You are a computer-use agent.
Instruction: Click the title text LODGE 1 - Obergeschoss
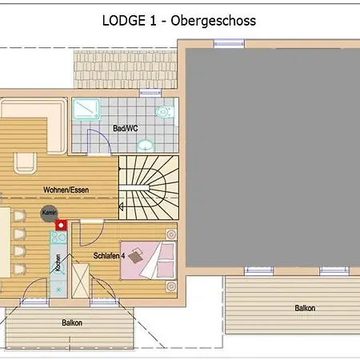click(180, 21)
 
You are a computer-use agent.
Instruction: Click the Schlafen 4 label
click(106, 255)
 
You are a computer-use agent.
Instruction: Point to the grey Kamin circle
click(46, 213)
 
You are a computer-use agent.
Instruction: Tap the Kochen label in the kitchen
click(57, 269)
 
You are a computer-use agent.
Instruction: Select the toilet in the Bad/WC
click(163, 112)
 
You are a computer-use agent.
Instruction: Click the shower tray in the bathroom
click(85, 111)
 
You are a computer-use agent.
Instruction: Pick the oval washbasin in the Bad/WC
click(145, 145)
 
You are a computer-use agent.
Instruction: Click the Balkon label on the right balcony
click(305, 308)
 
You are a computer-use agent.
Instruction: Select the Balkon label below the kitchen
click(72, 323)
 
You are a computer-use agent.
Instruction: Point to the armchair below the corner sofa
click(24, 160)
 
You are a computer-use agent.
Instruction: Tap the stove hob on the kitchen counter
click(59, 237)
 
